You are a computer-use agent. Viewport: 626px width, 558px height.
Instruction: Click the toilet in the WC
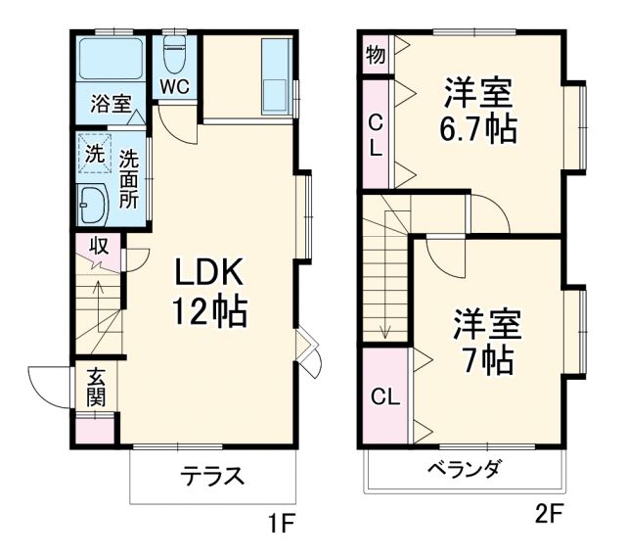click(x=175, y=56)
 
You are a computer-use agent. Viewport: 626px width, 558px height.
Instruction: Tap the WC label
click(x=175, y=85)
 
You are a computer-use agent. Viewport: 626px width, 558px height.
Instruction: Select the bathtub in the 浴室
click(x=110, y=59)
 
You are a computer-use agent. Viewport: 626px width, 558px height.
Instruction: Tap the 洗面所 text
click(x=129, y=177)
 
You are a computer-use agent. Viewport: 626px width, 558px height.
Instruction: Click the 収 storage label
click(x=99, y=245)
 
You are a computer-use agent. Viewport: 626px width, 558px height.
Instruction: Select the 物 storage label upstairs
click(x=375, y=55)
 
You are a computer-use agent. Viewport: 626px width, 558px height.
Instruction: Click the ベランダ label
click(x=463, y=469)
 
